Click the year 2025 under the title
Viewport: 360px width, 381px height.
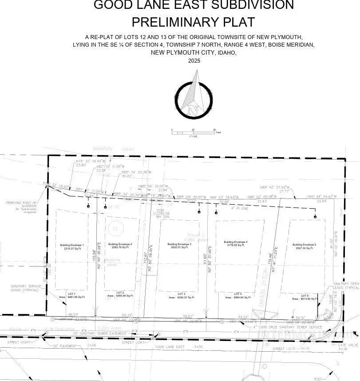(194, 60)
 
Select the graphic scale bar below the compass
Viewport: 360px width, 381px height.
(193, 132)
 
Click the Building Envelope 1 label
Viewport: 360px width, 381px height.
(71, 245)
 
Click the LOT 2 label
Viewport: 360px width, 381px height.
(120, 293)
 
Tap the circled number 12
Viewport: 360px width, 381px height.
(115, 229)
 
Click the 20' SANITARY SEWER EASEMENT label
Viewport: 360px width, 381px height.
(94, 333)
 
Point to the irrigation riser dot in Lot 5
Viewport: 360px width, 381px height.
(315, 216)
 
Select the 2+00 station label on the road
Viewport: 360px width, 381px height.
(91, 345)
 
